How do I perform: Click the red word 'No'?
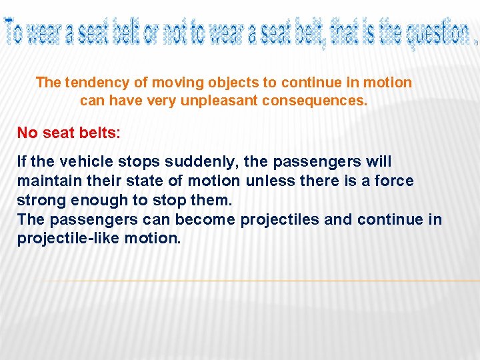coord(27,133)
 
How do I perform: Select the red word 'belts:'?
coord(98,133)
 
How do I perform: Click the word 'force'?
coord(394,181)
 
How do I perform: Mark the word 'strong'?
coord(38,200)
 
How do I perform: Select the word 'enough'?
coord(93,200)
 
